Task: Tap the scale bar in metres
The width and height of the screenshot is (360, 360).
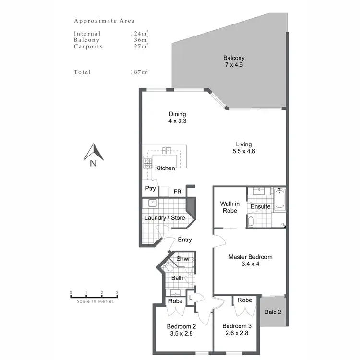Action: click(x=94, y=295)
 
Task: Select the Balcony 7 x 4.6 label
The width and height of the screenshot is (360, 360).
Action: click(x=234, y=61)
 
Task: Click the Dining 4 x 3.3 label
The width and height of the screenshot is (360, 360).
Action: click(x=177, y=118)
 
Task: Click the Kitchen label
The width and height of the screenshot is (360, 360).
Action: click(x=165, y=168)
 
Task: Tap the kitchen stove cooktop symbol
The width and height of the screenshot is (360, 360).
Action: click(x=147, y=163)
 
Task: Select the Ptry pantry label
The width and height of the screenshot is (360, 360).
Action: click(x=150, y=189)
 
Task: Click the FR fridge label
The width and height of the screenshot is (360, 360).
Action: click(x=177, y=192)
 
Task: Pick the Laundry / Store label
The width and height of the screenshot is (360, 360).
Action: click(x=165, y=218)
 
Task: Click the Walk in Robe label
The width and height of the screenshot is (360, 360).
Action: click(x=229, y=207)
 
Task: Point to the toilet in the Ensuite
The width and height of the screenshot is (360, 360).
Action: click(x=251, y=222)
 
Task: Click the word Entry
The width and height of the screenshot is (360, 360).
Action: click(x=185, y=240)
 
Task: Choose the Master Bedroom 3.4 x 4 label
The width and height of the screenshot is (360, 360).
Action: click(x=250, y=260)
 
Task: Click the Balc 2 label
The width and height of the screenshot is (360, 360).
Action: click(x=273, y=312)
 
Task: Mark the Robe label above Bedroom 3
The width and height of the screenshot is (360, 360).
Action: click(x=245, y=300)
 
